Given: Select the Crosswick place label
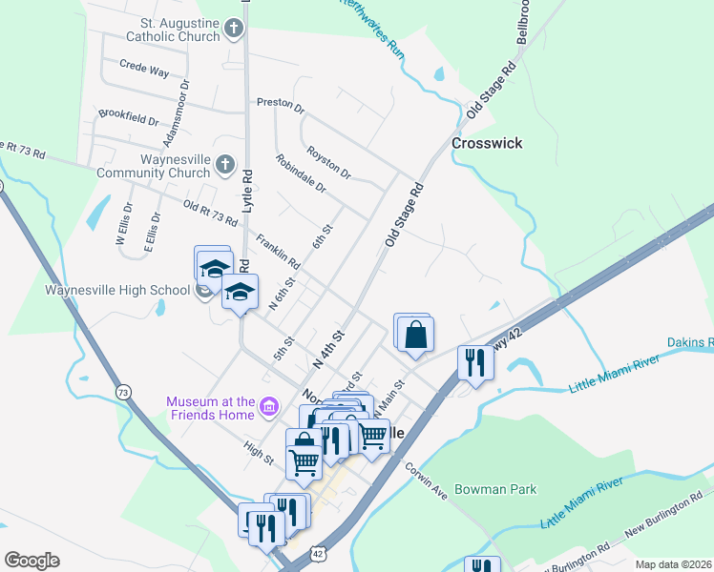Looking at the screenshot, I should pos(487,143).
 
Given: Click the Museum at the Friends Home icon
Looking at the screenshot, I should pos(269,409).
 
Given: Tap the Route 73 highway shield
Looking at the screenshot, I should pos(122,392).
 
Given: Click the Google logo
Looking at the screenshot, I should pos(31,561).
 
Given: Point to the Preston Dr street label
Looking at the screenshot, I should pos(280,102).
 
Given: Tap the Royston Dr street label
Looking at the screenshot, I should pos(329,163).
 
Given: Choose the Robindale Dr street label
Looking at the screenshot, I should pos(301,174).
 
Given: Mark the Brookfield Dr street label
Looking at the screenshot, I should pos(128,119).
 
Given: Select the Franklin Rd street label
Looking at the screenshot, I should pos(278,251).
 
